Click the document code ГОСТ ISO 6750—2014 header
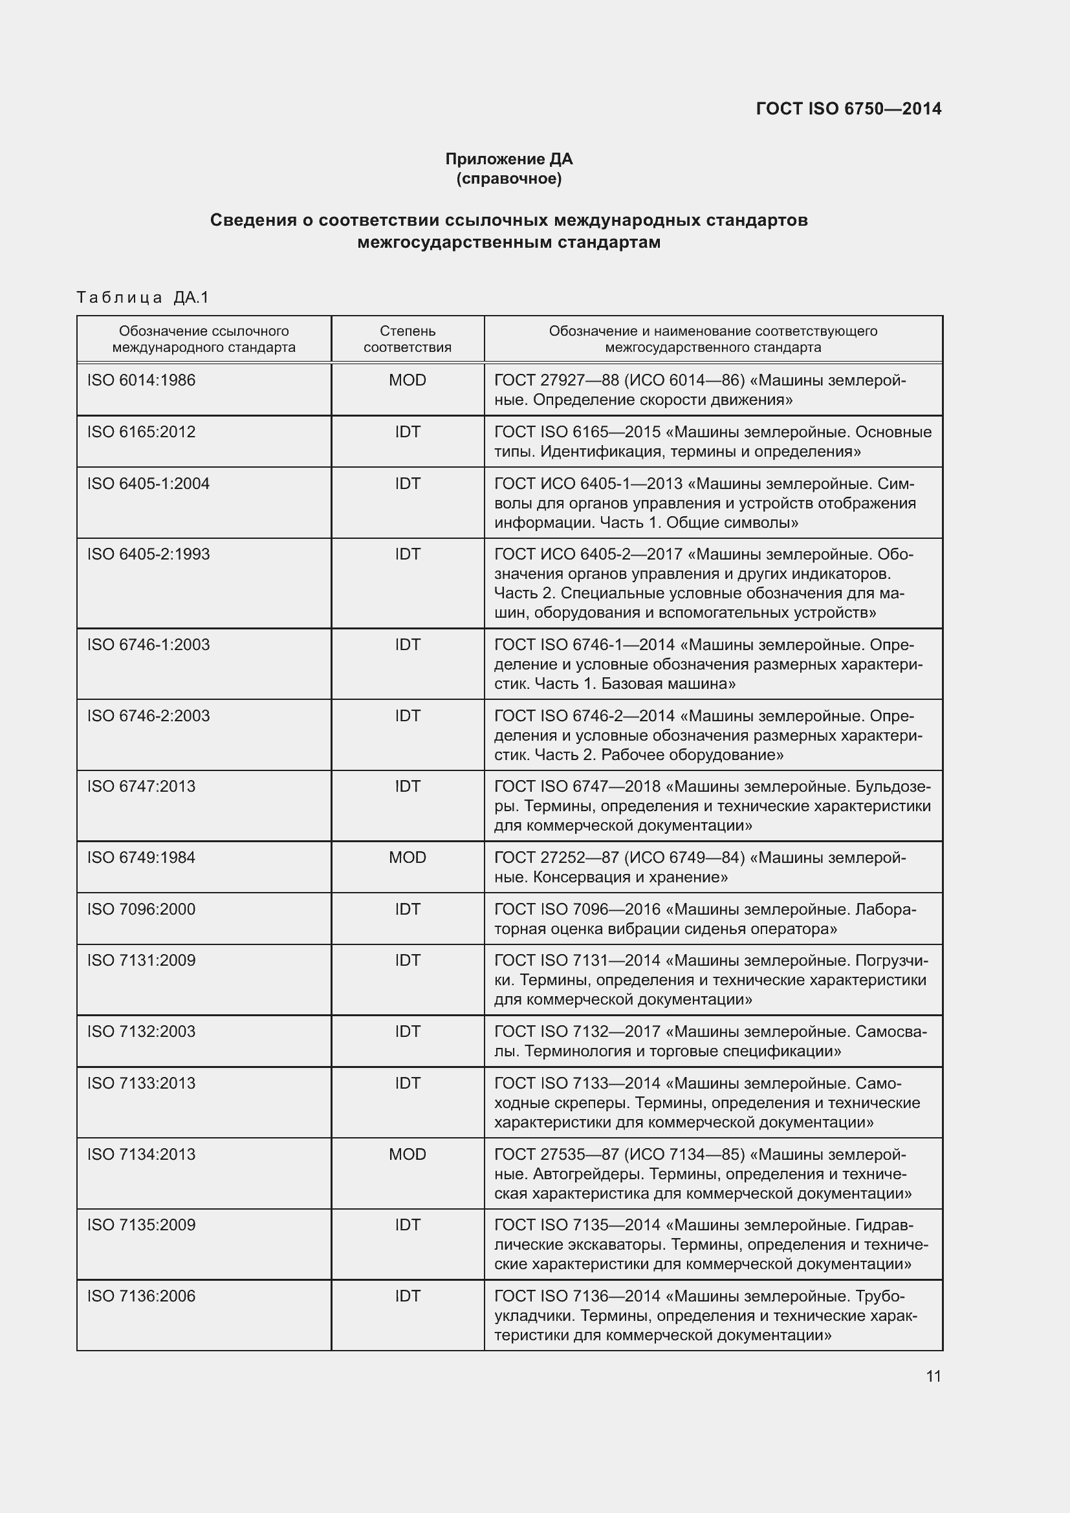849,109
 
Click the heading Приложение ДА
508,159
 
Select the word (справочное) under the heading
508,179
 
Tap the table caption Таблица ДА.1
142,298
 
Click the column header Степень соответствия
407,339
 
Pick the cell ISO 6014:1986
141,380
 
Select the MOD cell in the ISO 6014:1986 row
407,380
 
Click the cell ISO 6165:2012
141,431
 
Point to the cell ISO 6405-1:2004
148,484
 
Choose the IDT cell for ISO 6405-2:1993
407,554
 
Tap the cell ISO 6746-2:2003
148,715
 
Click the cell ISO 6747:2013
141,786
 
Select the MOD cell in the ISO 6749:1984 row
407,857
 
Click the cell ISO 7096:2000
141,909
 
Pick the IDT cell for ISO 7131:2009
407,960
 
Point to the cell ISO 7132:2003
141,1031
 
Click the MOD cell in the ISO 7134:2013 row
407,1154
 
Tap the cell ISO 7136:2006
141,1296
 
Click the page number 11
933,1376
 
